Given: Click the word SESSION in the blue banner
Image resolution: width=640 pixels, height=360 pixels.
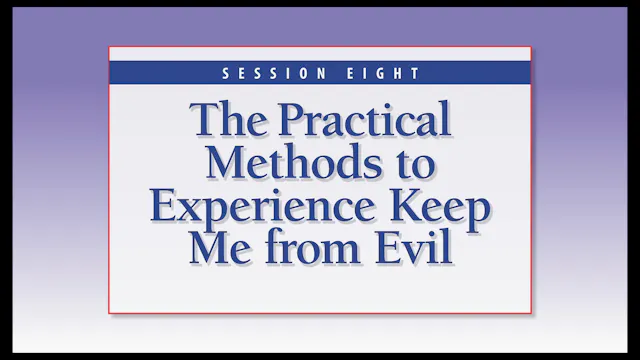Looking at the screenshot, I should coord(265,73).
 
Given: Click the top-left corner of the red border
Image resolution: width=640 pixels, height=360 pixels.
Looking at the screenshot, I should coord(109,46).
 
